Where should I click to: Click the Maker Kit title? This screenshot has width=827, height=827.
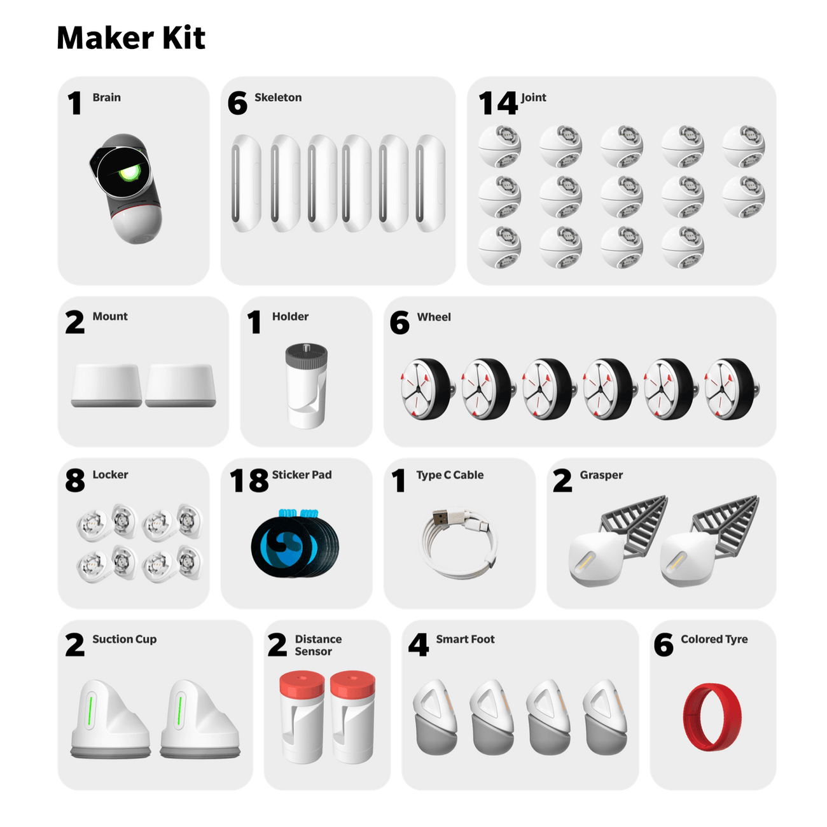click(x=132, y=38)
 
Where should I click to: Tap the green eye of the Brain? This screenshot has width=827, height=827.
click(x=130, y=173)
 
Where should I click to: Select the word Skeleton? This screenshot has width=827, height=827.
click(x=278, y=97)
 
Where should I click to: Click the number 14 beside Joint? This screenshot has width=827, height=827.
click(x=497, y=103)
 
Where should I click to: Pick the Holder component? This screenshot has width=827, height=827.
click(x=306, y=385)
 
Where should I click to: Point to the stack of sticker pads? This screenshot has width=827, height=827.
click(x=295, y=543)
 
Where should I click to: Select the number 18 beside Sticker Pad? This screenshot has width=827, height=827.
click(x=249, y=481)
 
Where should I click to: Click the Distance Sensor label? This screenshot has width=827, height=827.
click(x=317, y=645)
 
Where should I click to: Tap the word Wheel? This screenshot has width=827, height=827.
click(x=434, y=317)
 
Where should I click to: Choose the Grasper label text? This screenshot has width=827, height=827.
click(x=601, y=475)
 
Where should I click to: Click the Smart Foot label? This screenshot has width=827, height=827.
click(x=465, y=639)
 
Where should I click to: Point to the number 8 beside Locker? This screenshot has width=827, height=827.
click(x=75, y=481)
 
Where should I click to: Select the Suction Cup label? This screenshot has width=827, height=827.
click(x=124, y=639)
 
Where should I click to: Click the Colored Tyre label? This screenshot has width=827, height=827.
click(x=714, y=639)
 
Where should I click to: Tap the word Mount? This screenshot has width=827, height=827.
click(x=110, y=316)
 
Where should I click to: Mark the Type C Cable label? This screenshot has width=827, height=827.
click(x=450, y=475)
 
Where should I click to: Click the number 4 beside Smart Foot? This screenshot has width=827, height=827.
click(x=418, y=645)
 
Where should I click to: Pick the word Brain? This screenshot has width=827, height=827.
click(x=106, y=97)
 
